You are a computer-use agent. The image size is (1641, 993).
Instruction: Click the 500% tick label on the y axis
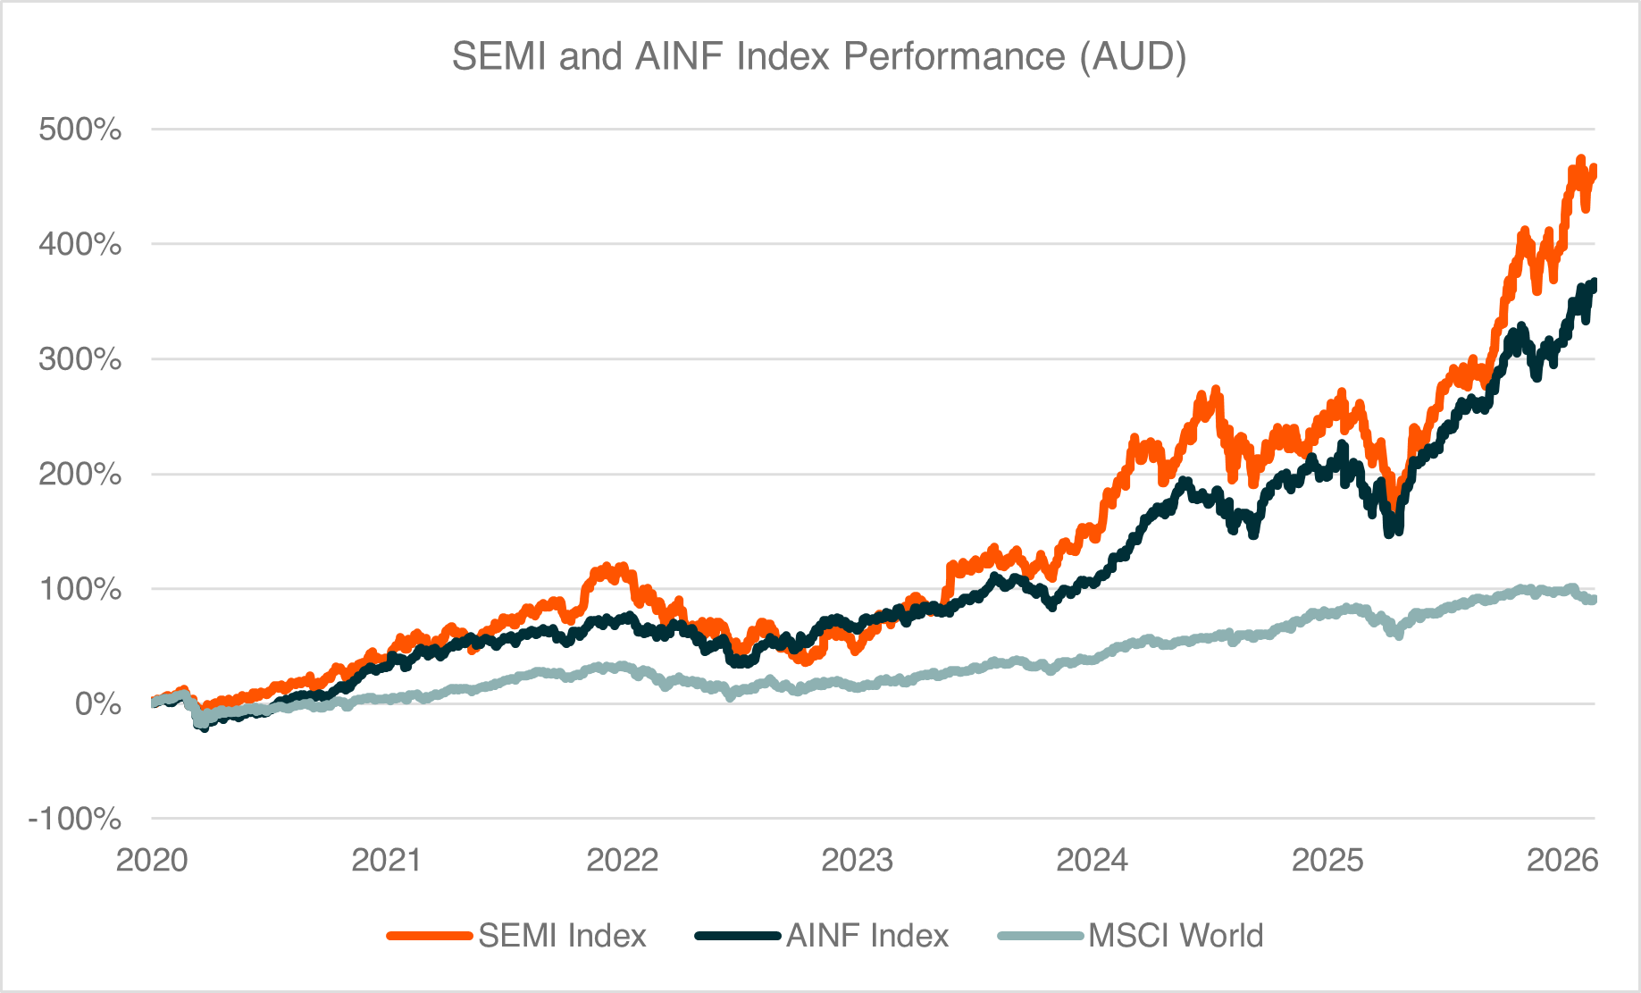click(x=80, y=130)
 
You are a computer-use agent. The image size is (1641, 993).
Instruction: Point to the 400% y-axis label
click(x=80, y=244)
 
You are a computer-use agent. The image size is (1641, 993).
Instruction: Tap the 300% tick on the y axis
click(x=80, y=359)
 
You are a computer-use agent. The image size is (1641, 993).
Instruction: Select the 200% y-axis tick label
click(x=80, y=474)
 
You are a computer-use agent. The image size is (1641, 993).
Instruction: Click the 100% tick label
click(x=80, y=589)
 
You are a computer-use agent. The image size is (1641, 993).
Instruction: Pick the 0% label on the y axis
click(x=97, y=704)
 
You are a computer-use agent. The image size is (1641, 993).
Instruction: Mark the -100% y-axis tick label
click(x=74, y=819)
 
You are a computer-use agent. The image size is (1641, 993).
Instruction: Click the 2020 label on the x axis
click(x=152, y=860)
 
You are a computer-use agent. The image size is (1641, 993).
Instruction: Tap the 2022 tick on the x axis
click(x=622, y=860)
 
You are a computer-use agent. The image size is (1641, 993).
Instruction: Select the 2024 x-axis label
click(x=1092, y=860)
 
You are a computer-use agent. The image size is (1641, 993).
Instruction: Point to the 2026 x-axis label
click(x=1561, y=860)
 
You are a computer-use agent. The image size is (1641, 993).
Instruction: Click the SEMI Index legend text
click(x=562, y=936)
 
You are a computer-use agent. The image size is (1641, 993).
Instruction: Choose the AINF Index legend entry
click(x=867, y=936)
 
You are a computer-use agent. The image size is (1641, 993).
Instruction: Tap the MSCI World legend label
click(x=1176, y=936)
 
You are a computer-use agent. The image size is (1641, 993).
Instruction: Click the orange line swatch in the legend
click(x=429, y=936)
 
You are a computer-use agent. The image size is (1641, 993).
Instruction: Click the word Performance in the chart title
click(x=953, y=56)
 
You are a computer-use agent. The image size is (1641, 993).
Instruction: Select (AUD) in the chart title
click(x=1133, y=56)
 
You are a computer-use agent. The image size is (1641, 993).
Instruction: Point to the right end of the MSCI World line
click(x=1593, y=600)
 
